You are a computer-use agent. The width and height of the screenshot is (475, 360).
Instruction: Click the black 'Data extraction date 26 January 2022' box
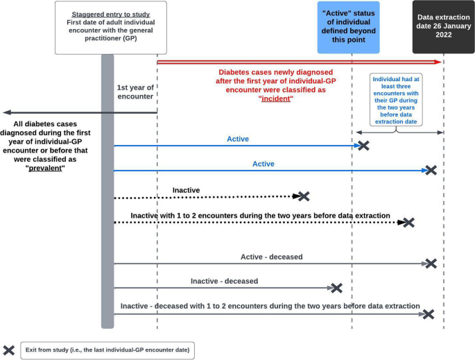click(443, 26)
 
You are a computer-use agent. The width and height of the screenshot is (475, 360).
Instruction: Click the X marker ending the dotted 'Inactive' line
click(303, 197)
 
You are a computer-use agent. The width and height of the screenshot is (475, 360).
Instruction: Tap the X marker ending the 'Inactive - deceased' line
click(336, 288)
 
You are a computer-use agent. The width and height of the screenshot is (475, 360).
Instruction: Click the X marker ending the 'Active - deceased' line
click(431, 264)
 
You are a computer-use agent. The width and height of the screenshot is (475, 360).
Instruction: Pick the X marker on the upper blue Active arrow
click(362, 146)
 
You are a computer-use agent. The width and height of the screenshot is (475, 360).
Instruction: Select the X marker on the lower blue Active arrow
click(431, 171)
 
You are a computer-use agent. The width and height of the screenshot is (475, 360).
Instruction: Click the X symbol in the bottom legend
click(10, 349)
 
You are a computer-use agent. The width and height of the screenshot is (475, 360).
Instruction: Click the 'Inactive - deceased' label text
click(224, 281)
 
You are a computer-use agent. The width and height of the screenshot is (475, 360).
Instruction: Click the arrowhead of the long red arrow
click(439, 62)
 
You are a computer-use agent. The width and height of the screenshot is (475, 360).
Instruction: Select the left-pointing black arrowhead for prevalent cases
click(6, 112)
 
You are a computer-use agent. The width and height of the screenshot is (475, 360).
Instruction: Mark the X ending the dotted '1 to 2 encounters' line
click(408, 223)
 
